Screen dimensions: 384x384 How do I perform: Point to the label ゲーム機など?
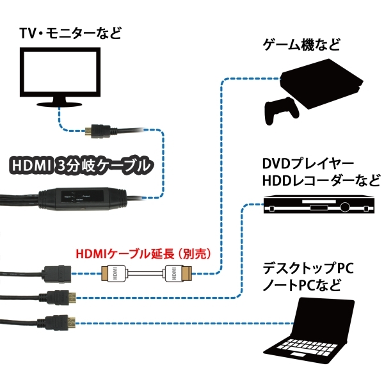[x=301, y=45]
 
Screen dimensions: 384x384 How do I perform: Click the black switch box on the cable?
[x=80, y=200]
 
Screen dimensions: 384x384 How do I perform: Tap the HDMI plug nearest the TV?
[x=96, y=131]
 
